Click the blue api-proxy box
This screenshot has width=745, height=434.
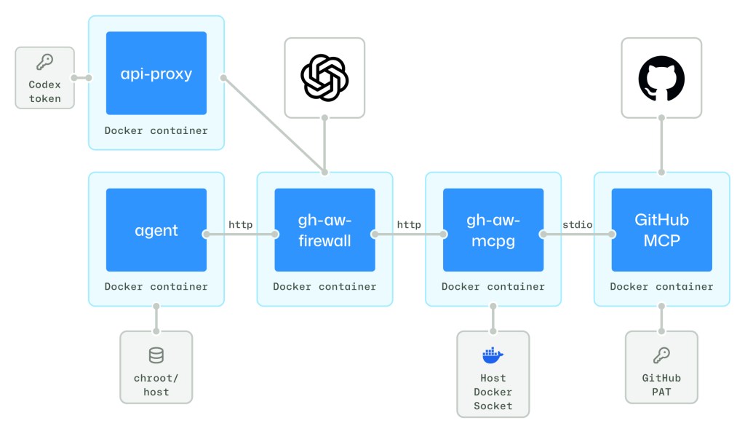tap(156, 73)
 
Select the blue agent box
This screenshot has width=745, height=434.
tap(156, 230)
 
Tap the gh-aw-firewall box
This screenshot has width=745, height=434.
tap(324, 230)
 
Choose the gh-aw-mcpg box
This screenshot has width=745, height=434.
tap(493, 230)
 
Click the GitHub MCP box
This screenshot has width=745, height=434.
tap(661, 230)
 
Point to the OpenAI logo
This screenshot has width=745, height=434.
tap(324, 78)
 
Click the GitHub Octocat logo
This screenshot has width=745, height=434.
tap(661, 78)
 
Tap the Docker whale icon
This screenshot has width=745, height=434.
tap(493, 355)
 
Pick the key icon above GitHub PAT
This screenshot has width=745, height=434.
tap(661, 355)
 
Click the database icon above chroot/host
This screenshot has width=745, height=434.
tap(156, 355)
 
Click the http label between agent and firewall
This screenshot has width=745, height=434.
tap(240, 225)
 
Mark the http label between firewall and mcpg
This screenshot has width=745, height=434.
tap(409, 225)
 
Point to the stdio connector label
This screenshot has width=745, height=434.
tap(578, 225)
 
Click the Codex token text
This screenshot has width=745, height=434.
tap(44, 92)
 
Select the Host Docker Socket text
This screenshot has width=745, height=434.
tap(493, 392)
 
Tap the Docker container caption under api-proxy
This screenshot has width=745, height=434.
tap(156, 131)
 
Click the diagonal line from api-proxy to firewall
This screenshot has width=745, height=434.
tap(273, 125)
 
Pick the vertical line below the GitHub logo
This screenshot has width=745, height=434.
tap(661, 146)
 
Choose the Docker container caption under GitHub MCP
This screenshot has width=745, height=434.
tap(661, 287)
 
